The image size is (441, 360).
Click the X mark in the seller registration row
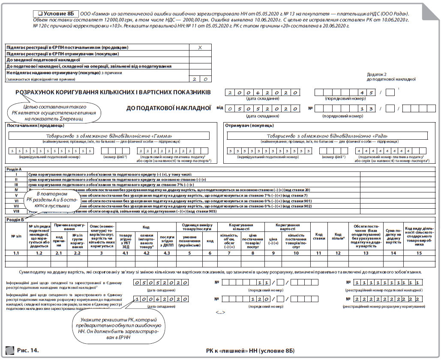pyautogui.click(x=200, y=48)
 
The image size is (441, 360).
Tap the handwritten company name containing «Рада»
pyautogui.click(x=327, y=136)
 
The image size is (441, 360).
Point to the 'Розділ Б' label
pyautogui.click(x=15, y=220)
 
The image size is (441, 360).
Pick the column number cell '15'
pyautogui.click(x=420, y=253)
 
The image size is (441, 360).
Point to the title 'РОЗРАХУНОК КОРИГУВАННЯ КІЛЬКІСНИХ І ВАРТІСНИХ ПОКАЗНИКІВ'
pyautogui.click(x=113, y=93)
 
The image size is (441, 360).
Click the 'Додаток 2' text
pyautogui.click(x=377, y=74)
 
